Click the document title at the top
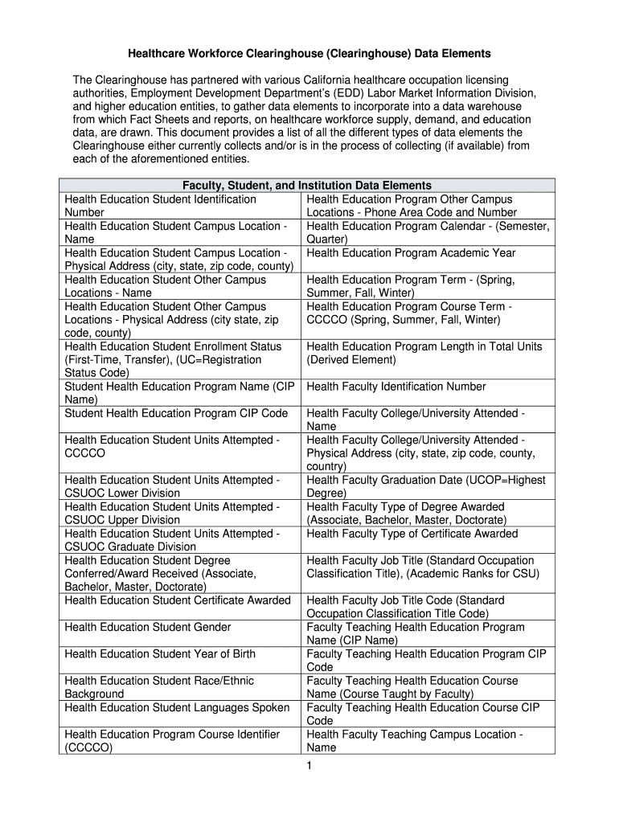pos(309,54)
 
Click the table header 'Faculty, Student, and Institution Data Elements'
pos(307,186)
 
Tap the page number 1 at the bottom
pos(308,766)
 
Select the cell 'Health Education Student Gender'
pos(148,627)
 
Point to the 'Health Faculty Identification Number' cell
pos(396,387)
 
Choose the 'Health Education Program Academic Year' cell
pos(412,253)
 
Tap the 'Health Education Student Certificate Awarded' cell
pos(178,600)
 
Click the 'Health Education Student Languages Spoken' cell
pos(177,707)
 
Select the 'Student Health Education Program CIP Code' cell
pos(176,413)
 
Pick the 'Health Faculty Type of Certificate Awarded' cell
pos(412,534)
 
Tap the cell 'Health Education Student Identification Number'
pos(160,206)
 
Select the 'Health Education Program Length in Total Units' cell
pos(424,353)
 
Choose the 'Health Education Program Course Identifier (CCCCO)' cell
pos(172,740)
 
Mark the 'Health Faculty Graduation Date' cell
pos(426,486)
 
